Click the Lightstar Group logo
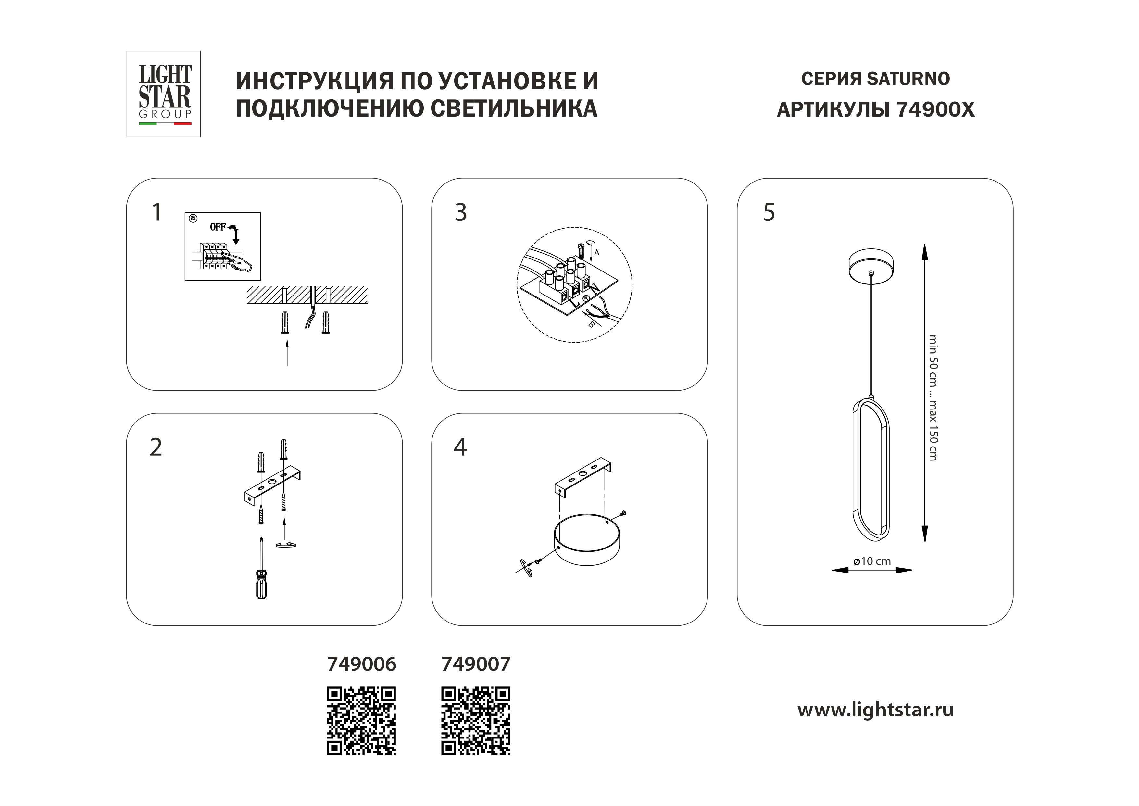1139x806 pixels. coord(164,94)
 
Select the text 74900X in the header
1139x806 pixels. coord(936,110)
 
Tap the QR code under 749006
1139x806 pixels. coord(361,721)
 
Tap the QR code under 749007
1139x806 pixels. coord(475,721)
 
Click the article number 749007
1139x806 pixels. coord(475,664)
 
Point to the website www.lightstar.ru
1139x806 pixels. coord(875,710)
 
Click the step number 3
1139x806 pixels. coord(460,212)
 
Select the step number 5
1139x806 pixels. coord(769,212)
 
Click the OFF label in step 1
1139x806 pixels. coord(218,227)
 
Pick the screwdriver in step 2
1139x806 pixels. coord(261,571)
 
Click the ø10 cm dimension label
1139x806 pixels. coord(871,561)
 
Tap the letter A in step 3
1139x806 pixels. coord(597,252)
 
